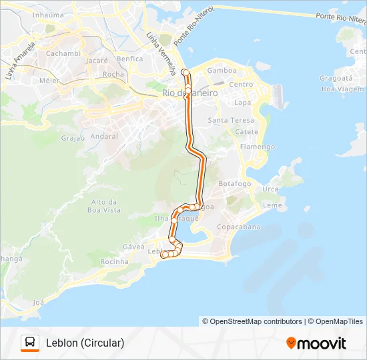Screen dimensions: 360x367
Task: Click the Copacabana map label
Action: [238, 227]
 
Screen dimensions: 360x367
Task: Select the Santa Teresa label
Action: [231, 120]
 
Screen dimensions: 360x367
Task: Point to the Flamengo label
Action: [257, 147]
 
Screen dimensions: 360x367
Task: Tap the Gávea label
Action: [133, 247]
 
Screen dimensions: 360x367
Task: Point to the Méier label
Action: [49, 80]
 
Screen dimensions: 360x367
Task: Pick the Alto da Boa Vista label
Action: [105, 205]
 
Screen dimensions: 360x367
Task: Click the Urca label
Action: [270, 189]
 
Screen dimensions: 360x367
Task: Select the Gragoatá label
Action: [336, 78]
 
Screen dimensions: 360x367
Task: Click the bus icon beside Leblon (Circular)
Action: [30, 343]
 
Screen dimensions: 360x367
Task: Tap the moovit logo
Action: [316, 343]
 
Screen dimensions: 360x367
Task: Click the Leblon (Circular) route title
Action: [85, 343]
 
